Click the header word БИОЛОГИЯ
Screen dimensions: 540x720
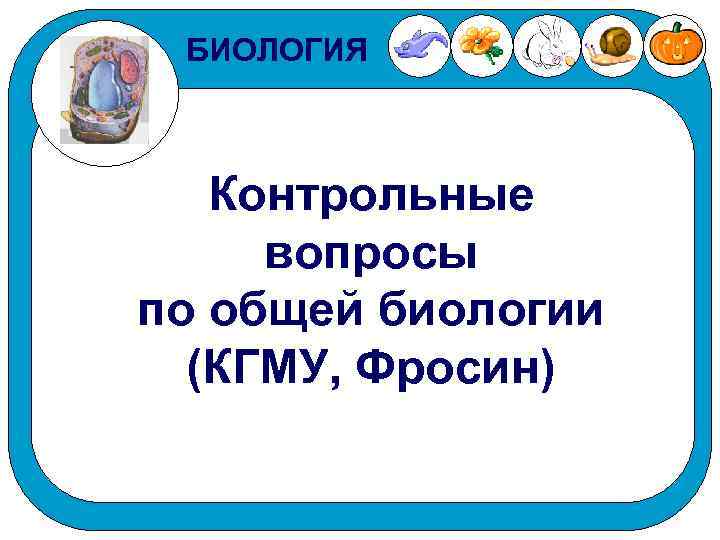coord(278,47)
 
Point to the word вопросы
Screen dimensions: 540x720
coord(371,255)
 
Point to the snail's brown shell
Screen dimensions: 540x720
coord(617,42)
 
